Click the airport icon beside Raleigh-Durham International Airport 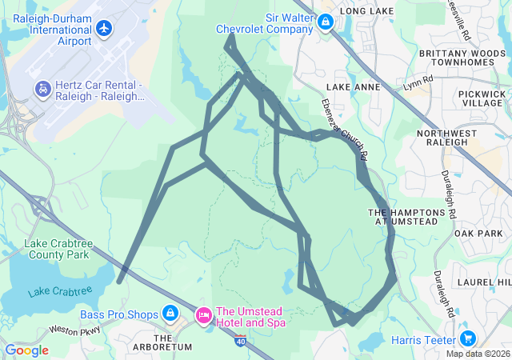coord(104,28)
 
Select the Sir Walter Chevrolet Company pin coord(325,22)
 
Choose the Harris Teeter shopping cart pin coord(468,339)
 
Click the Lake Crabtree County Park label coord(56,249)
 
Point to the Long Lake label coord(366,10)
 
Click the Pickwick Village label coord(482,98)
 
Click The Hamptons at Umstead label coord(405,216)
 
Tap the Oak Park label coord(477,233)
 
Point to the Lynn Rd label coord(418,82)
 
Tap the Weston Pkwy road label coord(74,330)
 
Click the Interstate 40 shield coord(241,340)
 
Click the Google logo coord(27,350)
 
